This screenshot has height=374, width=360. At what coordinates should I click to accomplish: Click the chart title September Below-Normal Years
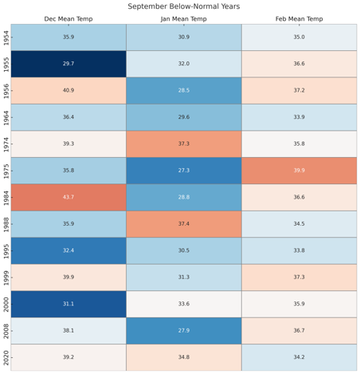click(x=184, y=6)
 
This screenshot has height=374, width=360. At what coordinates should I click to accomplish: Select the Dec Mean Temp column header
click(x=68, y=19)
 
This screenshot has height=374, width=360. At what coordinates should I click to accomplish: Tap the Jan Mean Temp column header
click(x=184, y=19)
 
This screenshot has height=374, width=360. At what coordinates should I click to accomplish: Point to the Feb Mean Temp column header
click(x=299, y=19)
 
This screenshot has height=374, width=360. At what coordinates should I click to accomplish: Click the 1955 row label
click(x=6, y=65)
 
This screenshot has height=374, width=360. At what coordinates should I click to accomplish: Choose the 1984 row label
click(x=6, y=198)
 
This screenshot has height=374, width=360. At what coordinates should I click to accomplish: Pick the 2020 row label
click(x=6, y=358)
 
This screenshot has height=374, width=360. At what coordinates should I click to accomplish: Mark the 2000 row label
click(x=6, y=305)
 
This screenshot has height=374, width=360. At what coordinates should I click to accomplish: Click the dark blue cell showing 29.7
click(x=68, y=64)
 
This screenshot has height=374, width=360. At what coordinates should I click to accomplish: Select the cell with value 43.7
click(x=68, y=198)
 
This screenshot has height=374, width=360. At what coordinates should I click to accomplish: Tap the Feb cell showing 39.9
click(x=299, y=171)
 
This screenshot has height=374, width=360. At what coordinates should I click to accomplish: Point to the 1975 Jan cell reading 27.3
click(x=184, y=171)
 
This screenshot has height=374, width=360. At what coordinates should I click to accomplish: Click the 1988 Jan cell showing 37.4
click(x=184, y=224)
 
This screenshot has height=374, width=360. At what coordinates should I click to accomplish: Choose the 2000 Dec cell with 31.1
click(x=68, y=304)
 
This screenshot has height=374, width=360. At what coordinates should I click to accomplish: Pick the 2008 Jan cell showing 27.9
click(x=184, y=331)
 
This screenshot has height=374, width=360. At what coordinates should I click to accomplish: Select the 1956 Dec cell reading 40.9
click(x=68, y=91)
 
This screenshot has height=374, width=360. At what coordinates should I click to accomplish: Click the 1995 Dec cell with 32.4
click(x=68, y=250)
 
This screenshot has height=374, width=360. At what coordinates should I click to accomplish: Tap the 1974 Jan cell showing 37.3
click(x=184, y=144)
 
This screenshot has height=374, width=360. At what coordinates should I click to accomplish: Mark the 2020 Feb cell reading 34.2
click(x=299, y=357)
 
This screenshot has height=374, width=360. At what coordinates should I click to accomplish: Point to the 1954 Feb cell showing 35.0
click(x=299, y=37)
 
